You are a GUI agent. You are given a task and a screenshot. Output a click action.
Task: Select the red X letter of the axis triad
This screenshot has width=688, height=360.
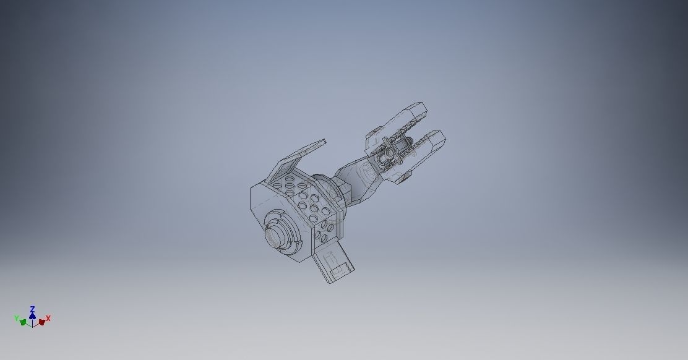coord(48,318)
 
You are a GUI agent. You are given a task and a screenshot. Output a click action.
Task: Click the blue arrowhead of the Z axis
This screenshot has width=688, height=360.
coord(32,315)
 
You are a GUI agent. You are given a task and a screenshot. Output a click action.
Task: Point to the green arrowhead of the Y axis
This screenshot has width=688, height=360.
coord(23,322)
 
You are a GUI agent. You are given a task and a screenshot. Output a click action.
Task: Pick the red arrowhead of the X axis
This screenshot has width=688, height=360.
coord(41,322)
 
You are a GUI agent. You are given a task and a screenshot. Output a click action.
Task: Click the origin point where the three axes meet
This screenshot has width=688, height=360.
coord(32,324)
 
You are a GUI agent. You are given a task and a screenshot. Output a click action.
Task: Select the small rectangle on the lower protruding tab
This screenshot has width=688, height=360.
coord(338,269)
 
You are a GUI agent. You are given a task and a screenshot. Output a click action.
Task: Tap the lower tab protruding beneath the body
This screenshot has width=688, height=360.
coord(334,262)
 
